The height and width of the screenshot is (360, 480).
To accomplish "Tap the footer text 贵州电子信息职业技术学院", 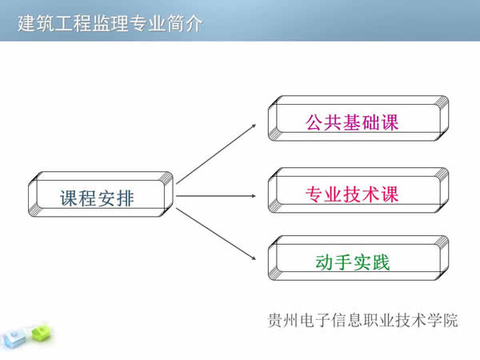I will coord(363,320).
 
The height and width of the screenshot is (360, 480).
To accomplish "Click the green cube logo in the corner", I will coord(38,330).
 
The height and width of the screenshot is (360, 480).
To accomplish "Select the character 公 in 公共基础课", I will coord(314,123).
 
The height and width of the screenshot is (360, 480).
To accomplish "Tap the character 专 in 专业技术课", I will coord(314,194).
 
